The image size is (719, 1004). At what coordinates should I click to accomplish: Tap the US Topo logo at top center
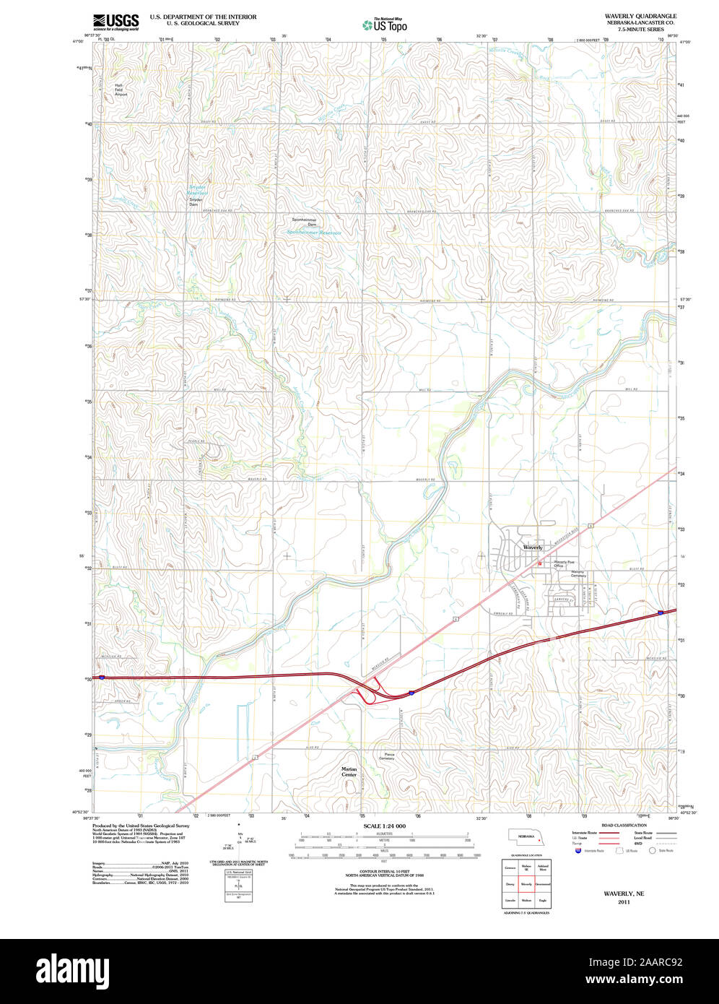[385, 25]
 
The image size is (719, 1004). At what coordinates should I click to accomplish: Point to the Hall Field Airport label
[121, 90]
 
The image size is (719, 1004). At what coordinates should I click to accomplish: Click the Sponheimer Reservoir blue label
[313, 233]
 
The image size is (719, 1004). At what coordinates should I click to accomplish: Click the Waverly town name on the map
[532, 548]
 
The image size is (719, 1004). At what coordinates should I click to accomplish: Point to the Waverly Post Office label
[564, 563]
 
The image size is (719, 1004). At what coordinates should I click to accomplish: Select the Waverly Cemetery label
[578, 574]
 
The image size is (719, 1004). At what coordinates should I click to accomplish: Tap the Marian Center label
[349, 771]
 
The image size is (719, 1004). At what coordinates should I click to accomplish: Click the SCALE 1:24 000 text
[384, 826]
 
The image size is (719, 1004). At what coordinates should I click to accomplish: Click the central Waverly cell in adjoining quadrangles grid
[526, 883]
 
